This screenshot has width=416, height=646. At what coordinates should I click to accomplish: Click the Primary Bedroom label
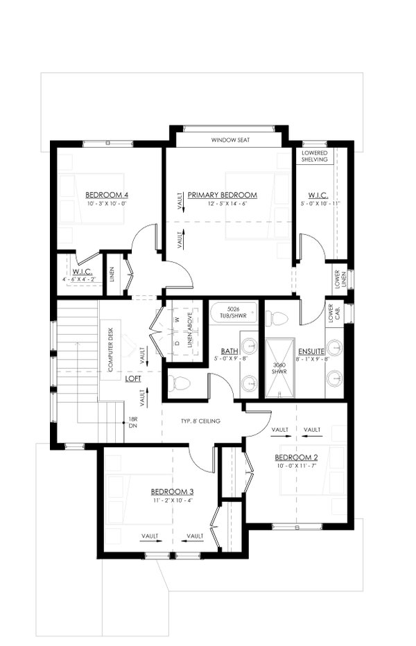(x=223, y=195)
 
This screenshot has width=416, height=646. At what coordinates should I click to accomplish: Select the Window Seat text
(x=230, y=140)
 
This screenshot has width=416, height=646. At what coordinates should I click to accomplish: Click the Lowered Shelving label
(x=314, y=156)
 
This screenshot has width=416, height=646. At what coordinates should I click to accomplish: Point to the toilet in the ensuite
(x=277, y=317)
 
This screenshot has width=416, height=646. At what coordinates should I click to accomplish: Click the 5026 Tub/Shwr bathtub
(x=234, y=314)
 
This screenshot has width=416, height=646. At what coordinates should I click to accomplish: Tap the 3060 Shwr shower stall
(x=280, y=368)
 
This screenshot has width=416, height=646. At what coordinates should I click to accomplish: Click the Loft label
(x=133, y=378)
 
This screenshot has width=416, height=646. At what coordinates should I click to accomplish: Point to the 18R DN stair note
(x=132, y=423)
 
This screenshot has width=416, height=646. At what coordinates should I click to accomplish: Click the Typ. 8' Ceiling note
(x=200, y=421)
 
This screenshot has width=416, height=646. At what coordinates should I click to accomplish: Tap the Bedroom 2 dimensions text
(x=296, y=466)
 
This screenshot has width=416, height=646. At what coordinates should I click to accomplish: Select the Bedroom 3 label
(x=172, y=491)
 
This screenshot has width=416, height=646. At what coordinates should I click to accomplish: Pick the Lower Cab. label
(x=334, y=313)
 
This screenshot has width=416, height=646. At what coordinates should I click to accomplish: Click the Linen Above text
(x=190, y=331)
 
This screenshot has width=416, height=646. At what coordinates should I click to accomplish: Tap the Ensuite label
(x=311, y=351)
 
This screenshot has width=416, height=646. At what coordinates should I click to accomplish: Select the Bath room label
(x=229, y=351)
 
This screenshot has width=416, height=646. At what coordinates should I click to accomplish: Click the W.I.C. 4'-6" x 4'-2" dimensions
(x=79, y=279)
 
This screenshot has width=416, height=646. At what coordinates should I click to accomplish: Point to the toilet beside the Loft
(x=180, y=383)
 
